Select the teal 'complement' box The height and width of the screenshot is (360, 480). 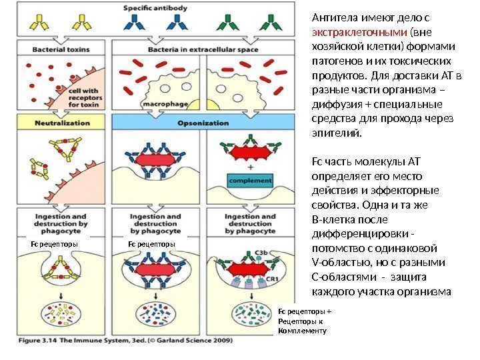pyautogui.click(x=249, y=180)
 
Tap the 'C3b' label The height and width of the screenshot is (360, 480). pyautogui.click(x=261, y=253)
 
